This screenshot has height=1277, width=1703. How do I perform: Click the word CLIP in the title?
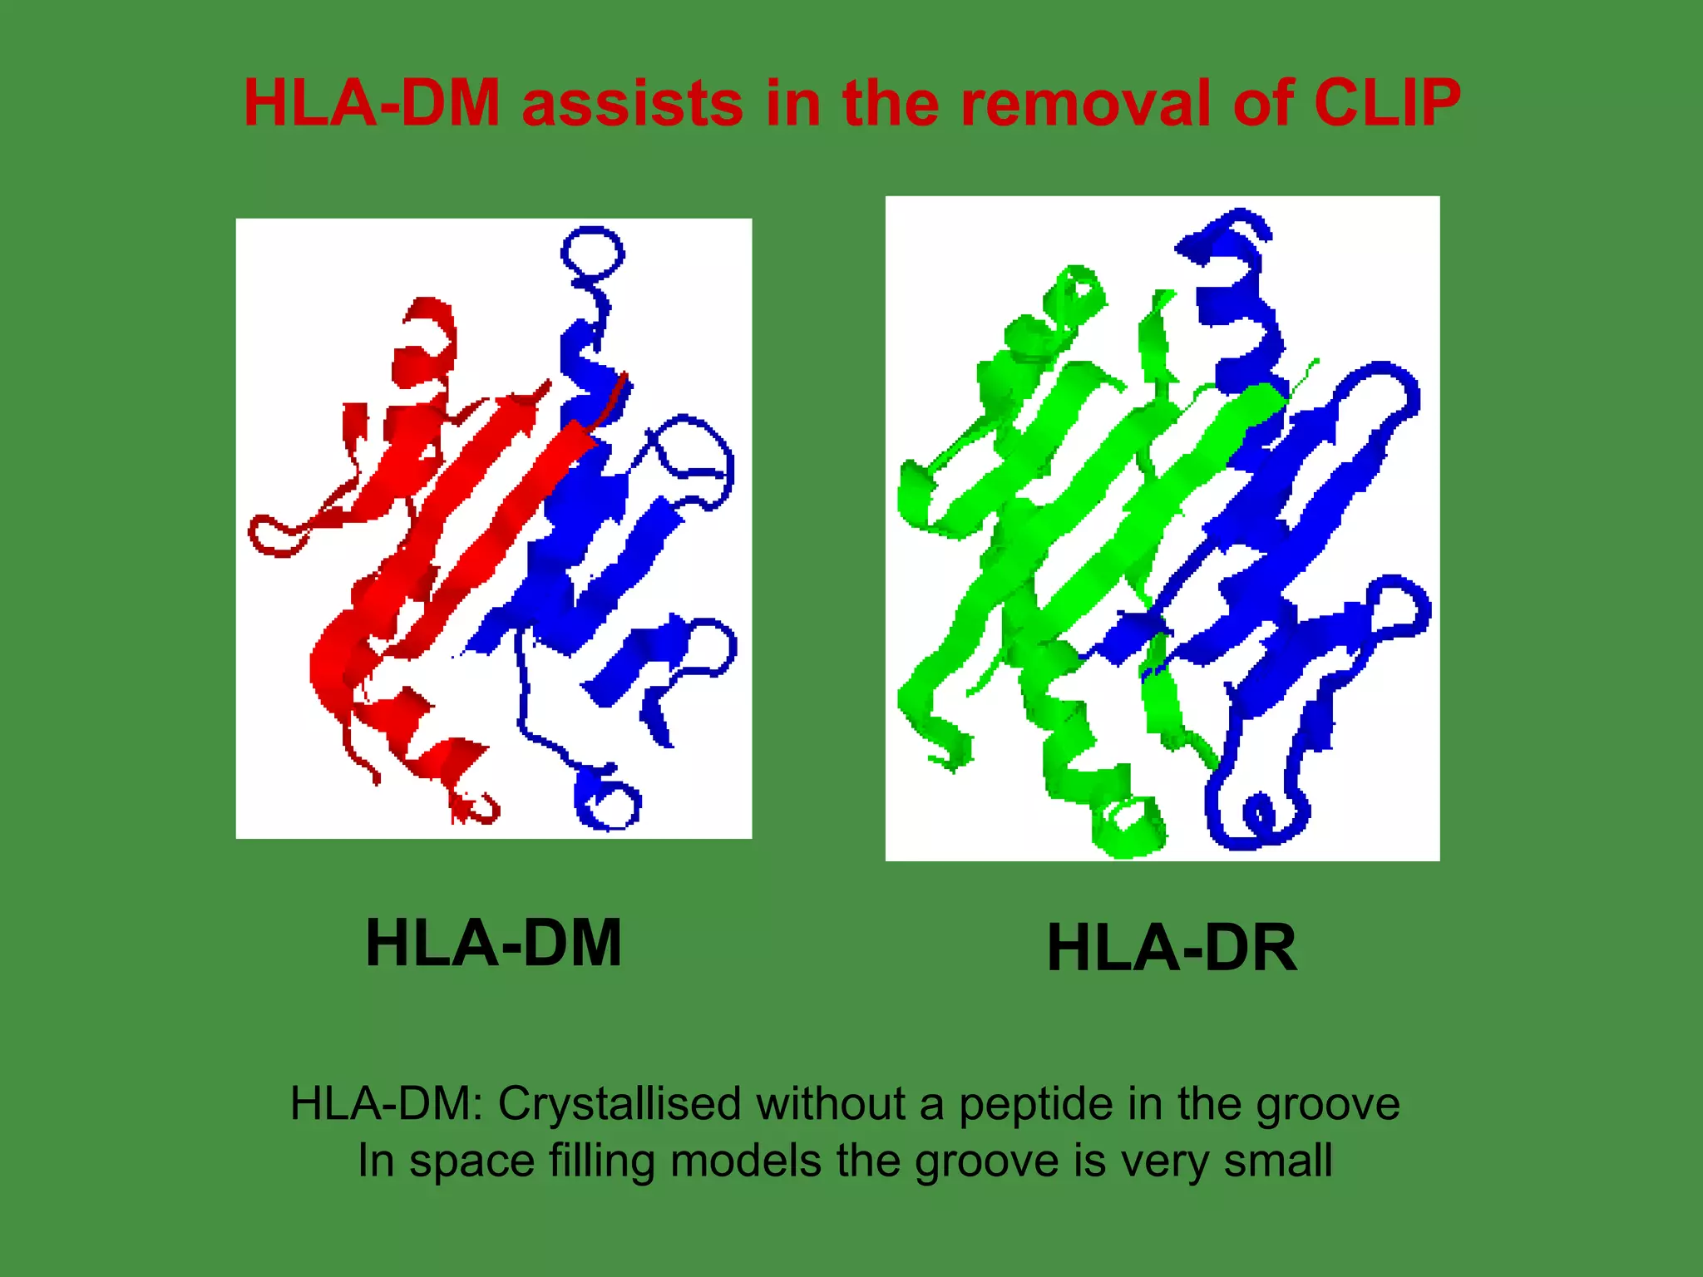tap(1386, 104)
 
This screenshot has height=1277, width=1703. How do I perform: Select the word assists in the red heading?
tap(632, 104)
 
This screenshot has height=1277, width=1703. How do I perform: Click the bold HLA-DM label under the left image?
tap(493, 944)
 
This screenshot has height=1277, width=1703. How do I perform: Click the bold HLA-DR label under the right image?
tap(1172, 949)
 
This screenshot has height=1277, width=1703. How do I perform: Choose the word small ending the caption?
tap(1278, 1161)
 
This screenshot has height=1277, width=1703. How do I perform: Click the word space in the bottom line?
tap(471, 1162)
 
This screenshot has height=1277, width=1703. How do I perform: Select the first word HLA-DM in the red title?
tap(372, 104)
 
